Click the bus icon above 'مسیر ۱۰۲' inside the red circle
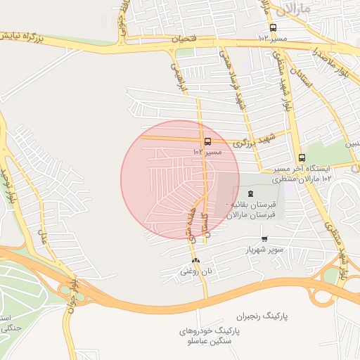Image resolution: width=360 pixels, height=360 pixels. coord(207,142)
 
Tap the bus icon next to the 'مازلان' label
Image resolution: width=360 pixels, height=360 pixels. coord(273,28)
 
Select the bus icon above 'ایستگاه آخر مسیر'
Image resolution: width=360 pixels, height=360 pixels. coord(302,158)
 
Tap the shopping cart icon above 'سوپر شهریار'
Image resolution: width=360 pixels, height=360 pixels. coord(264,238)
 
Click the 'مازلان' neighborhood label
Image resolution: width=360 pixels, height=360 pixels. coord(290,9)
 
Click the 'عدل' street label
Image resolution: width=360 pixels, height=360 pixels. coord(44,240)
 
